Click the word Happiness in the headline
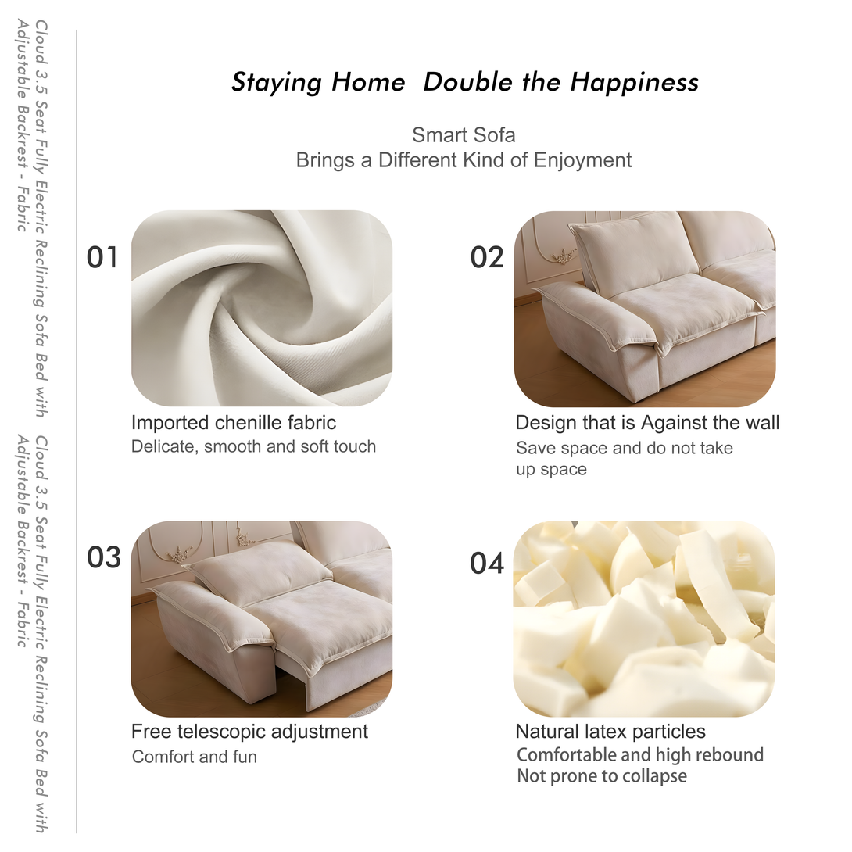tap(634, 83)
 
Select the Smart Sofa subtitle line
tap(464, 134)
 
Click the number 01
tap(102, 258)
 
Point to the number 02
tap(487, 258)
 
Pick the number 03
tap(104, 557)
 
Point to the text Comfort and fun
tap(195, 757)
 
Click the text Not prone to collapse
tap(602, 776)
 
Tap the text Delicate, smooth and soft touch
tap(254, 446)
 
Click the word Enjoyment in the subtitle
tap(582, 160)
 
